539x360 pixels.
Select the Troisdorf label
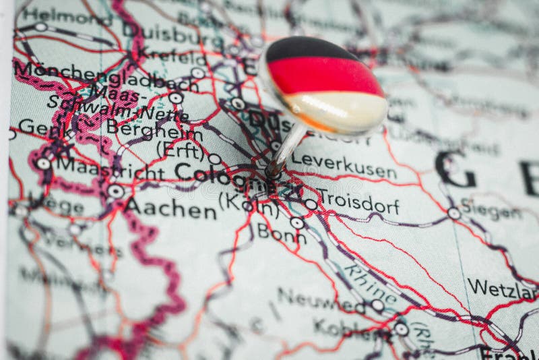tap(358, 203)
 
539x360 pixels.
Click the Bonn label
tap(281, 234)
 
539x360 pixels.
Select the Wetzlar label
tap(502, 289)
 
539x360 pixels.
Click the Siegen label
tap(490, 210)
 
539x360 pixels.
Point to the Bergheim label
tap(145, 127)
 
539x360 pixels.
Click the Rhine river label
tap(371, 283)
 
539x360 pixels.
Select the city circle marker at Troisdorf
tap(311, 204)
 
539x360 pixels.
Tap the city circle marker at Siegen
tap(454, 213)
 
